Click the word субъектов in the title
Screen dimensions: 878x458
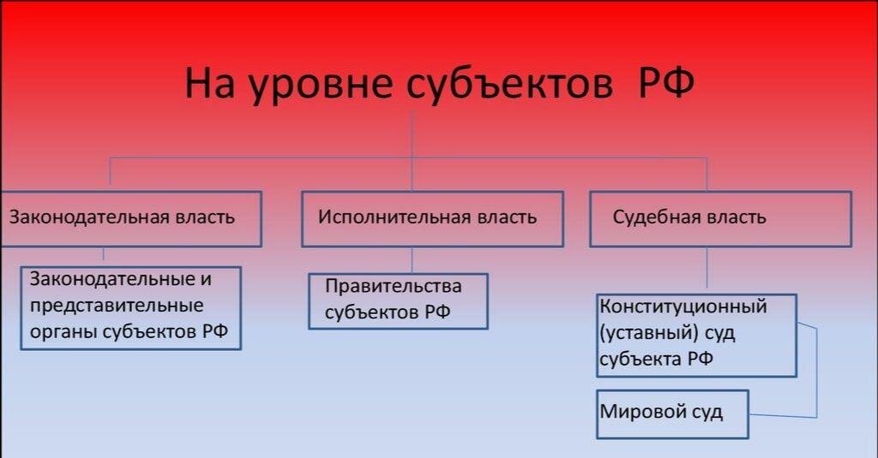[509, 83]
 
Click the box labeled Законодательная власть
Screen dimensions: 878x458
[131, 218]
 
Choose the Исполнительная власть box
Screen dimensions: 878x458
[432, 218]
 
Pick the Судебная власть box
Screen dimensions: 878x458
[720, 218]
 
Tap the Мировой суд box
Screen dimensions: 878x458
[672, 414]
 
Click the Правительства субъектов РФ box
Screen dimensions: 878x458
[398, 300]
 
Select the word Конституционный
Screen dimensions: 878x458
[683, 306]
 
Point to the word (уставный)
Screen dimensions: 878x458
[649, 333]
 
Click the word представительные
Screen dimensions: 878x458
[117, 306]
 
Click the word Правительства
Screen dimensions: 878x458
[394, 287]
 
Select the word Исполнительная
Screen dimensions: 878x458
[394, 217]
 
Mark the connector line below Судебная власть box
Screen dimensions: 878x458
[707, 267]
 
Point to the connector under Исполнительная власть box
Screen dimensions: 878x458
[412, 260]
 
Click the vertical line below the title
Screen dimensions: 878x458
[412, 151]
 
